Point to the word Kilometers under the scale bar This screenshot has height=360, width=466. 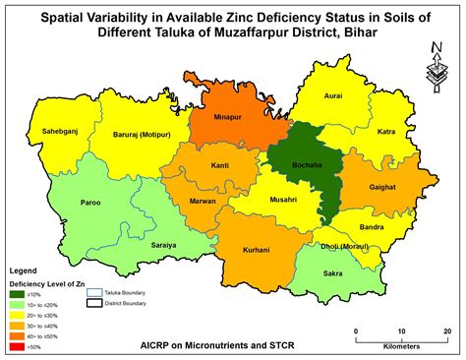point(403,345)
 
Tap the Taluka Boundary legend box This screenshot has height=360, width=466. point(95,292)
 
